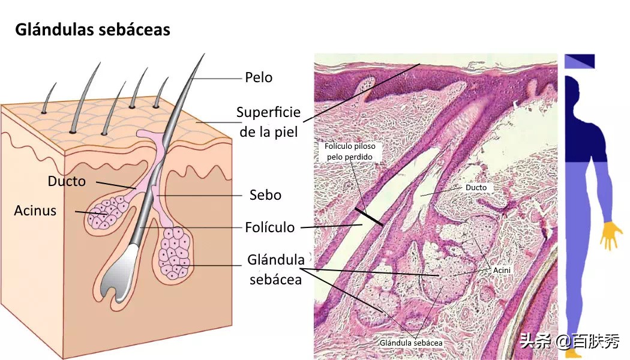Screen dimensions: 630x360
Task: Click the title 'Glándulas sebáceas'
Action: [92, 30]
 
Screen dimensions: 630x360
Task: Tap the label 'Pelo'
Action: [259, 77]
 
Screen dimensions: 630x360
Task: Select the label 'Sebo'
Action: [265, 195]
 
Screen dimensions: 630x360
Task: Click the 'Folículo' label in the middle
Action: [269, 227]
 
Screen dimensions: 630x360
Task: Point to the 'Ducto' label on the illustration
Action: [67, 181]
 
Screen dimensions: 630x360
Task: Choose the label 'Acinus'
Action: [35, 211]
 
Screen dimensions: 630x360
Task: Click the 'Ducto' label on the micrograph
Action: [476, 188]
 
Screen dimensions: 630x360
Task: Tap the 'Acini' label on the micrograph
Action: [502, 271]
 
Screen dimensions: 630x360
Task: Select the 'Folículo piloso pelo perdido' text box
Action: [350, 151]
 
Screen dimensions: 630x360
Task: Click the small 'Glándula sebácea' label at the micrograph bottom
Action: [410, 343]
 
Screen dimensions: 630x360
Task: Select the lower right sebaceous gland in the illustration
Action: [175, 253]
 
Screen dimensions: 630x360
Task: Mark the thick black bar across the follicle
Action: [369, 217]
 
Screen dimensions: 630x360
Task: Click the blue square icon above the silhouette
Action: [580, 61]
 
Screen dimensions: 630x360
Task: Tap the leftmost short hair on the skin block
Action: [49, 98]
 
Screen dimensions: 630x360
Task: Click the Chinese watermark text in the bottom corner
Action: [570, 342]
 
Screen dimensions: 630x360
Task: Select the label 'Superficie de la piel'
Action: [268, 122]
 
